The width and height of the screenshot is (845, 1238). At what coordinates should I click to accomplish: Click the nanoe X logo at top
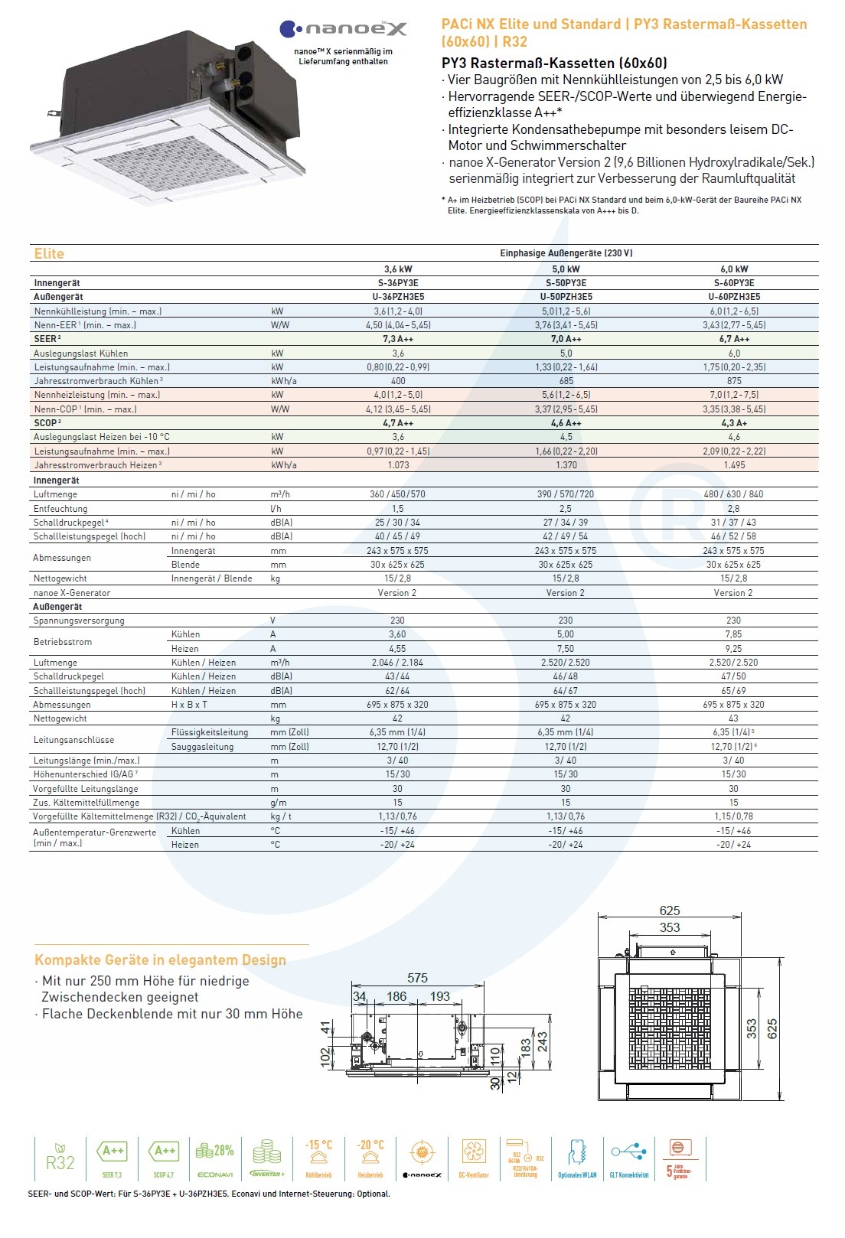344,29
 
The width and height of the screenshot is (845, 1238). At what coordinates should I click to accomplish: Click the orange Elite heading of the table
49,254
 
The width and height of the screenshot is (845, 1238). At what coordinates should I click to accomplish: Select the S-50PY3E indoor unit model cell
566,283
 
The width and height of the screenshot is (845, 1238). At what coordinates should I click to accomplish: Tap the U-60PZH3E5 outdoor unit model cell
733,297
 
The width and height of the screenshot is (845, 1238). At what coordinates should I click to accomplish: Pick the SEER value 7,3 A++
398,339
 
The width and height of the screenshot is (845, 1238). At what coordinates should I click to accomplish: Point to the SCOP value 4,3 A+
733,423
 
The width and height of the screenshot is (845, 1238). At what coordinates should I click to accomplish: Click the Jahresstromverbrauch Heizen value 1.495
733,465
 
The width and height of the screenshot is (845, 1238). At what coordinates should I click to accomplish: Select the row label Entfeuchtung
60,509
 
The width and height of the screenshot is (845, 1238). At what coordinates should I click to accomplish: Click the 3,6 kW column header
398,269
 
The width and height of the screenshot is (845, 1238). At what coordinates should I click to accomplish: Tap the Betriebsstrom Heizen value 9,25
733,649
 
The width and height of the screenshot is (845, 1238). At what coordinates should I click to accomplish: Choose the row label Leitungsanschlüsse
73,740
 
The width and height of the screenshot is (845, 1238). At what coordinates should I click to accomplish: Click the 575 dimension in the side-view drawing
417,978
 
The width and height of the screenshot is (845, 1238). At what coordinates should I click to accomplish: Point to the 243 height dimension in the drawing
543,1041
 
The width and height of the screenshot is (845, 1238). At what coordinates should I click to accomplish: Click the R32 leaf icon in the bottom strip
60,1157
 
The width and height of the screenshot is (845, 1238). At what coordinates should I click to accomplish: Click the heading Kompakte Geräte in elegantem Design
160,960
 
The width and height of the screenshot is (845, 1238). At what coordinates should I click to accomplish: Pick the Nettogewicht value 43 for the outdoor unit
733,718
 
